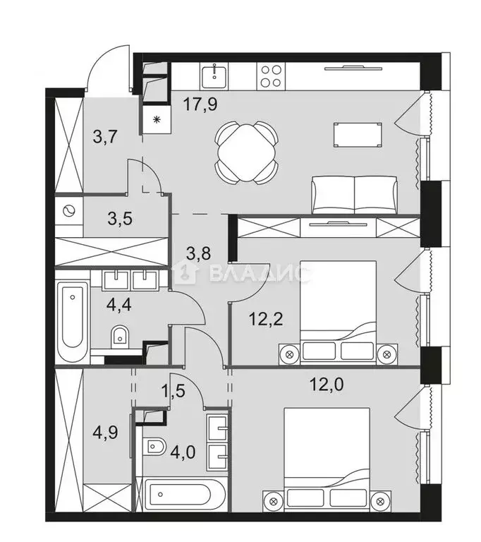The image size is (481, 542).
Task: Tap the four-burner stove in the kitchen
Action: click(272, 73)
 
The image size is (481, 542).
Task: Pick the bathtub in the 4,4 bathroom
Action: click(73, 322)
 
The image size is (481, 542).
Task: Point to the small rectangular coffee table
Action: click(360, 134)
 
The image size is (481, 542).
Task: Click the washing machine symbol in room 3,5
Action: click(69, 211)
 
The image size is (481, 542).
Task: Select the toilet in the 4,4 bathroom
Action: click(120, 335)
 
